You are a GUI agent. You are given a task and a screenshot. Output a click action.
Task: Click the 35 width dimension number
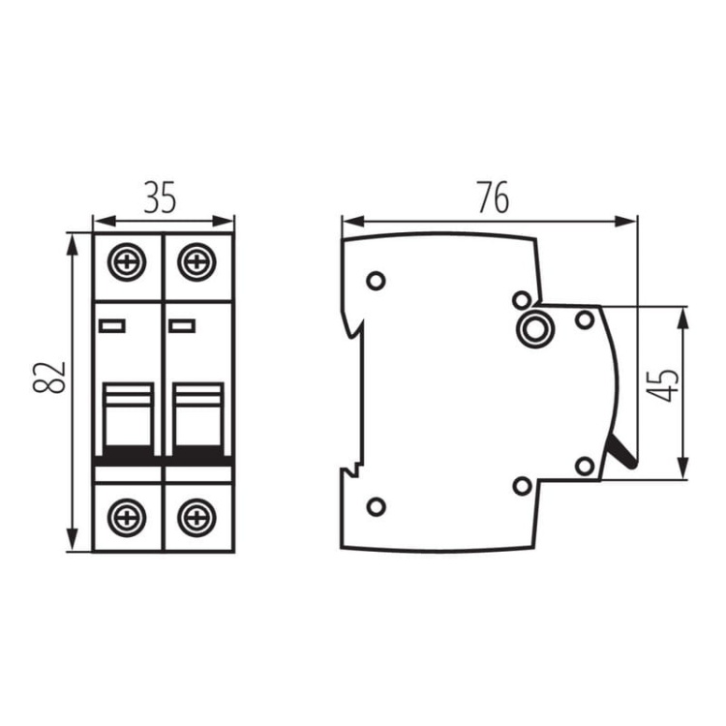160,198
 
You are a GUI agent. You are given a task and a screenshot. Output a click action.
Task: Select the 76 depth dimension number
494,197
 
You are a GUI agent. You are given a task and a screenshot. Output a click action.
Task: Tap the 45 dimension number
662,385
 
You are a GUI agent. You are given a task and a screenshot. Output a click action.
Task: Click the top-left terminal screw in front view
127,261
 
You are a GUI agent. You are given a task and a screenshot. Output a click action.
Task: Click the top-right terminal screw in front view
197,261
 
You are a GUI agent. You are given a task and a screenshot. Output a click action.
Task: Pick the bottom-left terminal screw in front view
127,518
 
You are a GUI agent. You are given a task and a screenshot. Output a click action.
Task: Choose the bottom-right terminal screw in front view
197,518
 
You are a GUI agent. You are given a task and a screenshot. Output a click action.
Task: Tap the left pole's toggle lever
128,419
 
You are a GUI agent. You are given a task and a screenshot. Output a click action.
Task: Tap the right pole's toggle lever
198,419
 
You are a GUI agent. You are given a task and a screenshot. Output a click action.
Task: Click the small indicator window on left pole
112,326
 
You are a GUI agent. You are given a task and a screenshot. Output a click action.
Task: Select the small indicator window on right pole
182,326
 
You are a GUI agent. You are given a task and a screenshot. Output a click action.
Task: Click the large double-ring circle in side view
534,328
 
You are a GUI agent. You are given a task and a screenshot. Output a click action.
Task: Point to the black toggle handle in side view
621,450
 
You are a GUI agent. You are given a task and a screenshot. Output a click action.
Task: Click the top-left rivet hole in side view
376,281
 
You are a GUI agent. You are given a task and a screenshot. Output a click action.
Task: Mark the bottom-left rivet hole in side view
376,506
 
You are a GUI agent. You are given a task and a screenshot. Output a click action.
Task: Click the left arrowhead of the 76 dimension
351,222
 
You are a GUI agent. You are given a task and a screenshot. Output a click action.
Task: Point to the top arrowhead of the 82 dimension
73,245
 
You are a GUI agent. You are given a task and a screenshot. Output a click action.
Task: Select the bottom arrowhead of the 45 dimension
682,469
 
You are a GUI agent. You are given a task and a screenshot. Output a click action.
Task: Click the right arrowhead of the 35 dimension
223,222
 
